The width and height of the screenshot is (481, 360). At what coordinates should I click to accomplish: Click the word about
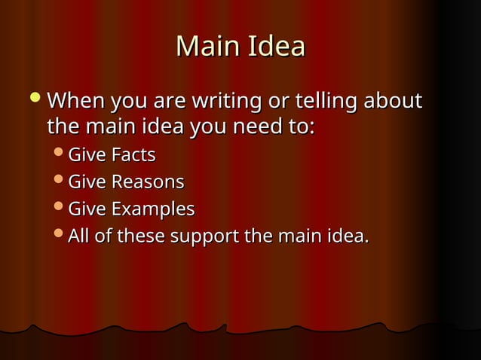[394, 100]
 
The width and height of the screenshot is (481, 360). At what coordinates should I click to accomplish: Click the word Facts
[133, 156]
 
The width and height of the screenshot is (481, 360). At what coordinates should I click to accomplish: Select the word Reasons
[148, 182]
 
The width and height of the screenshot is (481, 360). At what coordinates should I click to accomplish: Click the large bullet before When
[35, 99]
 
